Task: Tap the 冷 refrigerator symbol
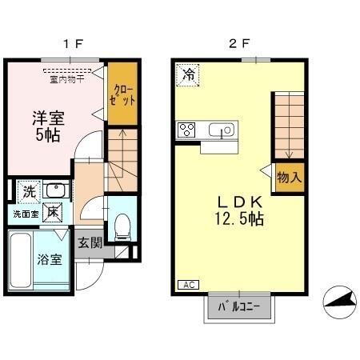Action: [189, 74]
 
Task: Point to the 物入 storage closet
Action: [290, 177]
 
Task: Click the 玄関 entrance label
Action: [90, 242]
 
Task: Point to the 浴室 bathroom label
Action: [48, 260]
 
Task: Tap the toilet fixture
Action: [122, 226]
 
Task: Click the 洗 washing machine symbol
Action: [29, 192]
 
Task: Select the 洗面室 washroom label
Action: [25, 214]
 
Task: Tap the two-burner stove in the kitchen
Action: [188, 130]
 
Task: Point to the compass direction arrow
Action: [339, 301]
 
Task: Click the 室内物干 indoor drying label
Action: [67, 78]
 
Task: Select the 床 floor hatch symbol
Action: [53, 213]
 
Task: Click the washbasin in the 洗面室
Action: [56, 190]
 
